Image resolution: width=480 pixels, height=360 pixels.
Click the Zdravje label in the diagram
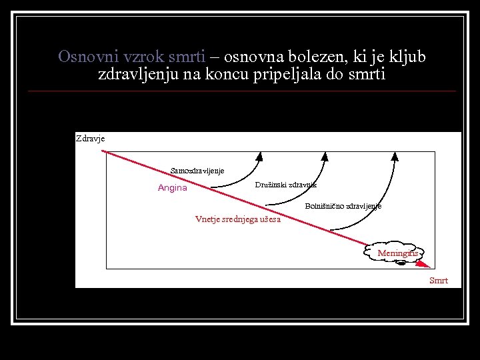coord(90,139)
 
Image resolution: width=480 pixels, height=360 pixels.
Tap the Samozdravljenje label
coord(197,171)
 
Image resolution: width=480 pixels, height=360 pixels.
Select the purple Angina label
coord(173,188)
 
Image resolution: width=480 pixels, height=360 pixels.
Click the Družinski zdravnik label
coord(286,185)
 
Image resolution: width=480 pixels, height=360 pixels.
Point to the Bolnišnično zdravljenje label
coord(343,207)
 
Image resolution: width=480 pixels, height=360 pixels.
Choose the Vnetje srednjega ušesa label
coord(238,219)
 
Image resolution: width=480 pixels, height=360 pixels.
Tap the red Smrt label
coord(439,281)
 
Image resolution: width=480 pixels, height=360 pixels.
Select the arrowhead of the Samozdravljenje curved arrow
coord(259,156)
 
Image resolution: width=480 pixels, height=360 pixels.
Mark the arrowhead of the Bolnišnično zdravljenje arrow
coord(394,156)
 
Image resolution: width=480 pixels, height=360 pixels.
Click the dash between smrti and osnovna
coord(213,57)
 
